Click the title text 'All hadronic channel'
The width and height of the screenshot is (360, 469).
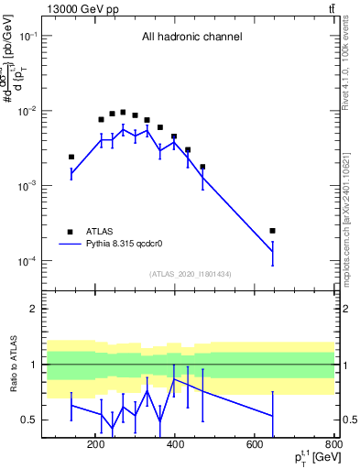[x=191, y=38]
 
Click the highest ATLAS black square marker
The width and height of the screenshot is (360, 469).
[x=123, y=112]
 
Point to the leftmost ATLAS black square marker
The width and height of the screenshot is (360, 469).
[x=71, y=157]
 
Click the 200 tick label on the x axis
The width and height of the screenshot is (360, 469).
[x=95, y=445]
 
